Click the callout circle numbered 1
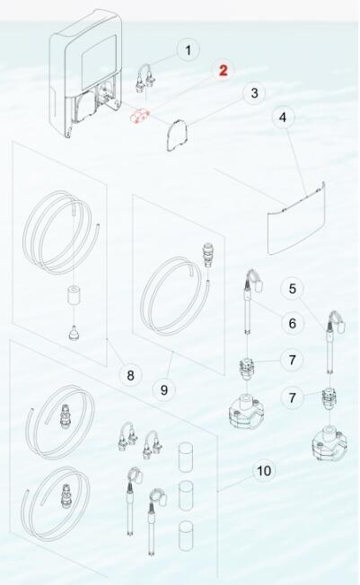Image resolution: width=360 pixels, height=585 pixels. tap(189, 49)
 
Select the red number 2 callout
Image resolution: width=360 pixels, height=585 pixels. tap(224, 70)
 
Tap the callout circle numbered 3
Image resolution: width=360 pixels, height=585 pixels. tap(254, 93)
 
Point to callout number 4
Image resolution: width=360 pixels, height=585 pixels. tap(283, 118)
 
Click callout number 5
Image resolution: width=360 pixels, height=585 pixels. tap(293, 288)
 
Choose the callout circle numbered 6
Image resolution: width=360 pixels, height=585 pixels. tap(293, 323)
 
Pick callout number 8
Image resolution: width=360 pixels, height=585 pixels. tap(130, 375)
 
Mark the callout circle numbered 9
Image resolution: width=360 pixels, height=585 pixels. tap(164, 390)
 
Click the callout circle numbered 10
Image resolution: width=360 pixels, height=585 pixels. tap(264, 470)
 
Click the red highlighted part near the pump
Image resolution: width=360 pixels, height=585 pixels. tap(139, 116)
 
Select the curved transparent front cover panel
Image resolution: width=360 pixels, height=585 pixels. tap(296, 219)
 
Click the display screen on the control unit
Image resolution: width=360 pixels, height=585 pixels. tap(99, 57)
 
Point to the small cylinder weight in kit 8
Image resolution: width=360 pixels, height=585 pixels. tap(75, 296)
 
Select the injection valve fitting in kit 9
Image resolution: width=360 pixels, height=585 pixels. tap(206, 255)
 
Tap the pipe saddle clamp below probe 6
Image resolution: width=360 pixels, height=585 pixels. tap(245, 410)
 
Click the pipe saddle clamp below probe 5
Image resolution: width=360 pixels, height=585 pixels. tap(329, 443)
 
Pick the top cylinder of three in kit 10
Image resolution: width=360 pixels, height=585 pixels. tap(186, 458)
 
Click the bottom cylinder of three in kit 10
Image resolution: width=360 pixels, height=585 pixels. tap(186, 536)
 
